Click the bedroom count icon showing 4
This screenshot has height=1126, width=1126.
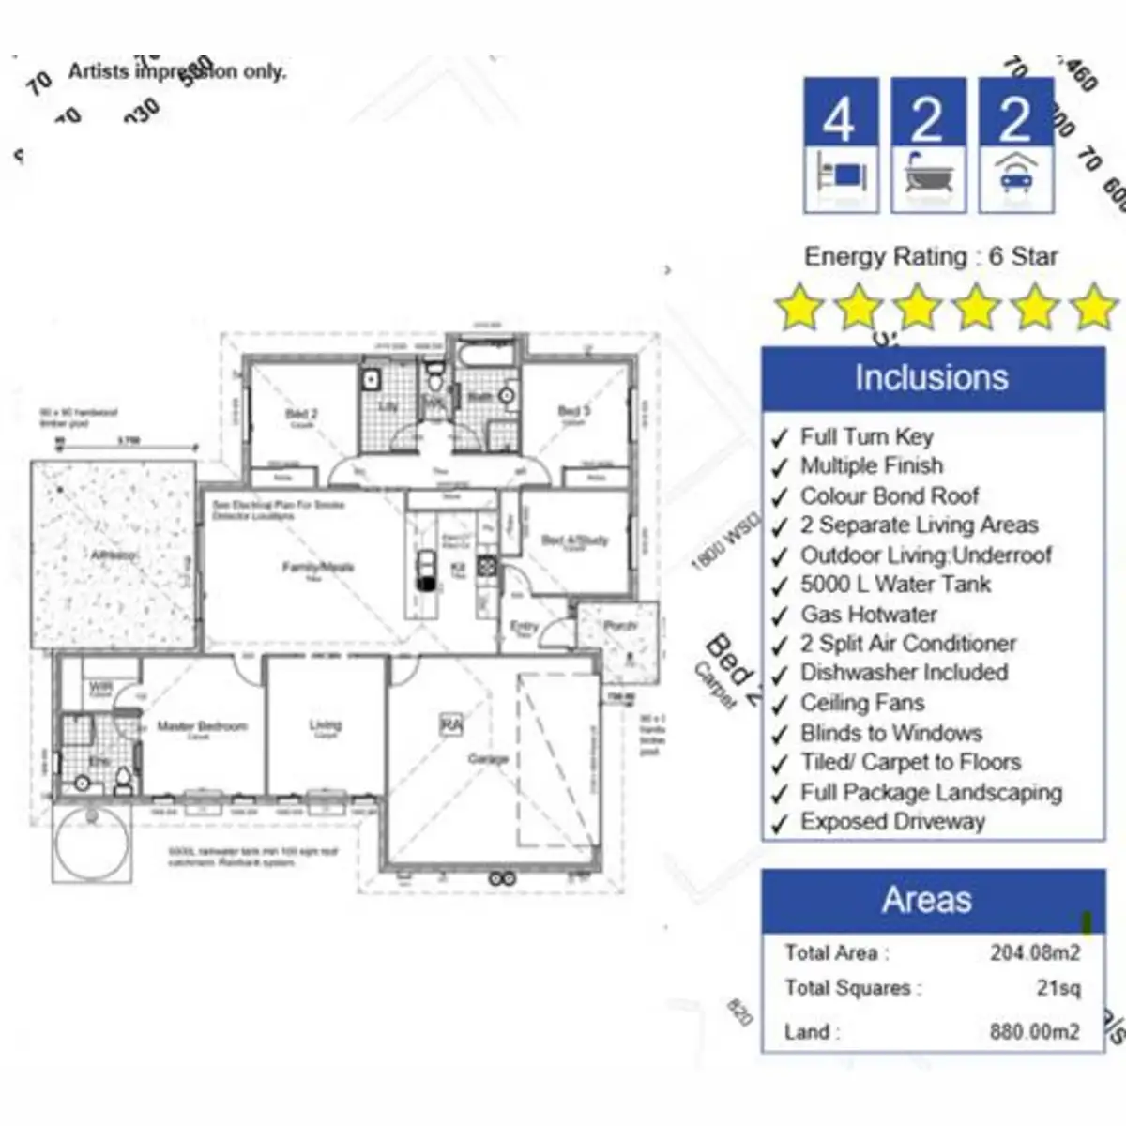coord(841,145)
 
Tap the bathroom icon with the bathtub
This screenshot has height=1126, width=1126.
coord(928,145)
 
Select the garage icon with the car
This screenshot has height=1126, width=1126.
coord(1015,145)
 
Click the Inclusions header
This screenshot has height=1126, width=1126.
coord(932,378)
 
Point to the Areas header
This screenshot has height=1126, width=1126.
coord(927,900)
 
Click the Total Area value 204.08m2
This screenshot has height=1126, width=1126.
coord(1034,953)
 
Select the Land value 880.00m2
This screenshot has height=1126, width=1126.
coord(1034,1032)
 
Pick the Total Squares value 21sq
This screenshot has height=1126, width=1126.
coord(1058,989)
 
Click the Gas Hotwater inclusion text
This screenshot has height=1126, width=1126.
coord(868,615)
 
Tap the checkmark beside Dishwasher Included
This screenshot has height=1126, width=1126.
coord(780,676)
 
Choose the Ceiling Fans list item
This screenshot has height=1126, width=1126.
coord(861,703)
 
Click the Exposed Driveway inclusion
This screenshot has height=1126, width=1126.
coord(891,822)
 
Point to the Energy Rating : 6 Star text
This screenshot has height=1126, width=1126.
coord(930,256)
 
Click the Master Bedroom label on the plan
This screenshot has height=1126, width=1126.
coord(202,726)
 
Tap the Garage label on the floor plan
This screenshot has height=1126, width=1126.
coord(488,758)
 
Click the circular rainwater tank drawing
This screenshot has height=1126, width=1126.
coord(91,843)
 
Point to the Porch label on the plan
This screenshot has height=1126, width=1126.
coord(620,625)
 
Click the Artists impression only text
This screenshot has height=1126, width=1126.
coord(176,71)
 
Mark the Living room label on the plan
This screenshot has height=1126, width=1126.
coord(325,725)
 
